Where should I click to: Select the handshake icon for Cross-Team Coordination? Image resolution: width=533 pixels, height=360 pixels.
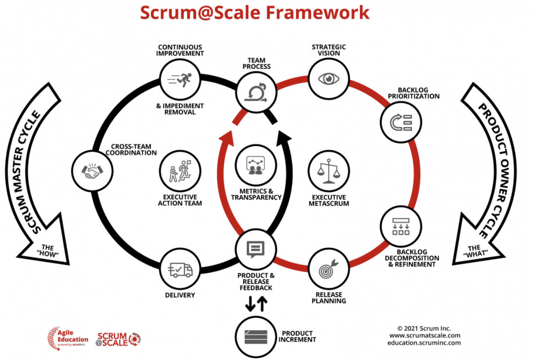[92, 171]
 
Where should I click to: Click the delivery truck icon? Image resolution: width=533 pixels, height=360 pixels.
[180, 270]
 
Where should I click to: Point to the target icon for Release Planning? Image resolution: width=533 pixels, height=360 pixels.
[329, 269]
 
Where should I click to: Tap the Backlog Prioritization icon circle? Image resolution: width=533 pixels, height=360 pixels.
[400, 121]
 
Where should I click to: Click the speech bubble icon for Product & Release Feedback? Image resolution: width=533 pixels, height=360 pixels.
[255, 249]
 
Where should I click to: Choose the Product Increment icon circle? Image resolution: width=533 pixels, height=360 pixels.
[255, 336]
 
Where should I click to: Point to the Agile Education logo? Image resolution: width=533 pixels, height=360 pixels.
[68, 337]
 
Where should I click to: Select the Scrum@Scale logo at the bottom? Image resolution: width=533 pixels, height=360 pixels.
[119, 338]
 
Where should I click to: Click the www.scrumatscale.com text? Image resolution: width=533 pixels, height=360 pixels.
[424, 336]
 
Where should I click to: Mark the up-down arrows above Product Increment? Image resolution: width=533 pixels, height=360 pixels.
[257, 303]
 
